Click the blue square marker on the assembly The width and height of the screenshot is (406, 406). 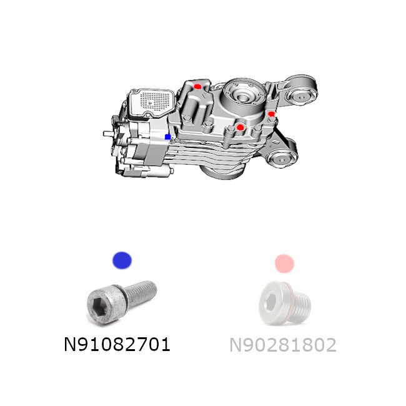168,137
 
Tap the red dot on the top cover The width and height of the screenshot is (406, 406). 197,86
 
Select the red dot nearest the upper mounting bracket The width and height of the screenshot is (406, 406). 271,114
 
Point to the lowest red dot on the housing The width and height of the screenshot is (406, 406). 240,127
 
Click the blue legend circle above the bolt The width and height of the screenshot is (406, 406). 122,260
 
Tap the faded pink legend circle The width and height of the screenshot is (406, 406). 284,264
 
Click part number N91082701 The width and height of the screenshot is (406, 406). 117,344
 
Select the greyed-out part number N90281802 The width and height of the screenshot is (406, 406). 283,345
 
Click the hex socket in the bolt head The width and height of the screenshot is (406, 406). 99,307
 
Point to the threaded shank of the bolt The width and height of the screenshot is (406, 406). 141,292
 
